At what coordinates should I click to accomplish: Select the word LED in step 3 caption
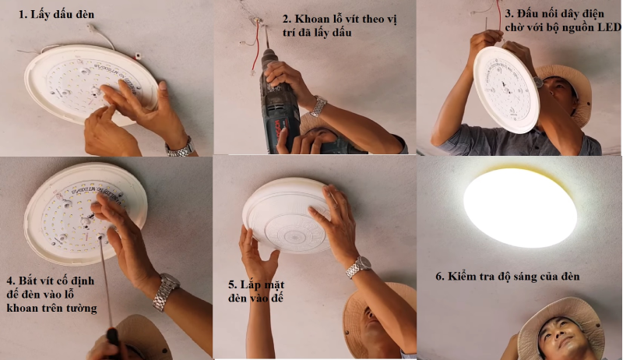click(609, 29)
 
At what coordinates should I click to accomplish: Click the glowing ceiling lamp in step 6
click(520, 207)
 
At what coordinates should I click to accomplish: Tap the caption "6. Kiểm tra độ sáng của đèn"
click(508, 277)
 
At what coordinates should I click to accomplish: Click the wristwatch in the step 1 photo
click(179, 146)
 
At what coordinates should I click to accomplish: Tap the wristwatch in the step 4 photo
click(165, 291)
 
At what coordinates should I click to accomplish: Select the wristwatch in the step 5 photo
click(357, 266)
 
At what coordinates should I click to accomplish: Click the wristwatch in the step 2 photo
click(318, 107)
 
